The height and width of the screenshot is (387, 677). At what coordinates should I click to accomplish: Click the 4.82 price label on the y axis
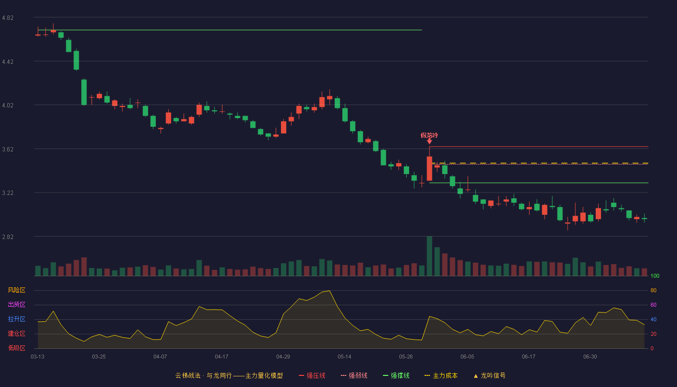click(x=8, y=18)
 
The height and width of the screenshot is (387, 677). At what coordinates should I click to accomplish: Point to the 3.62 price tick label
click(x=8, y=149)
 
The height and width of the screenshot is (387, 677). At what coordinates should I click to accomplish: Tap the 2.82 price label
click(x=8, y=237)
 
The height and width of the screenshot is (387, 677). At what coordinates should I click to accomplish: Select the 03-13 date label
click(x=38, y=357)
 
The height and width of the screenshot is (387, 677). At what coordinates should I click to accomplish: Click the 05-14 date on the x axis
click(x=344, y=357)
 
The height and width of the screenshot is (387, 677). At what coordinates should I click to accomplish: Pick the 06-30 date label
click(x=590, y=357)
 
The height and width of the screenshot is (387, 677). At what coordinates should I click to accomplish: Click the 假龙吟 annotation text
click(x=429, y=135)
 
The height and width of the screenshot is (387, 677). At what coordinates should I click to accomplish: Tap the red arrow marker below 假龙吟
click(x=429, y=141)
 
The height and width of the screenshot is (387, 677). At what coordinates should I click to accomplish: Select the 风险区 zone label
click(x=16, y=290)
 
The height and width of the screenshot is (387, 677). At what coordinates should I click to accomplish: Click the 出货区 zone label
click(x=16, y=304)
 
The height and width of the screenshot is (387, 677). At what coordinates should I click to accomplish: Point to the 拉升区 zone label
click(x=16, y=319)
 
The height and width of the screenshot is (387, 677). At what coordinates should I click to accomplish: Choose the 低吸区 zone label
click(x=16, y=348)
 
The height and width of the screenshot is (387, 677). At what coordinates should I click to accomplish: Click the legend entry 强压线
click(x=312, y=375)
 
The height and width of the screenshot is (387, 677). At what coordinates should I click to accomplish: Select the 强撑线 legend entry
click(x=396, y=375)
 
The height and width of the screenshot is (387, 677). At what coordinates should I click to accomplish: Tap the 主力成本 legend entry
click(x=441, y=375)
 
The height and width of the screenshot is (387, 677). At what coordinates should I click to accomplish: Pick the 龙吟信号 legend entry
click(x=489, y=375)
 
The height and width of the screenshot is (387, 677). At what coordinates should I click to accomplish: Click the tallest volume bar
click(x=429, y=256)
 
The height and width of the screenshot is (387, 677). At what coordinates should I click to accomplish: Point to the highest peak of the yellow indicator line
click(x=329, y=291)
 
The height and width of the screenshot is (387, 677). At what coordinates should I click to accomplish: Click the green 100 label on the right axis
click(x=655, y=276)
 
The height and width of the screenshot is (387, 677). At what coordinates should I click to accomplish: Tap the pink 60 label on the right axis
click(x=653, y=305)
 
